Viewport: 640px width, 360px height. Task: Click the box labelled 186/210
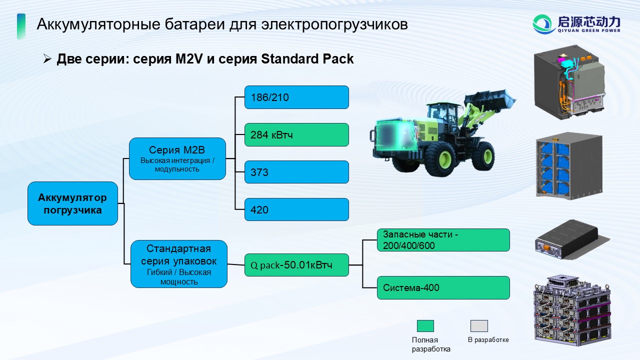pos(296,97)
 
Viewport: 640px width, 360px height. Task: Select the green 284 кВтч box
pos(296,135)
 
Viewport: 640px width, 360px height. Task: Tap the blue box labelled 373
pos(296,172)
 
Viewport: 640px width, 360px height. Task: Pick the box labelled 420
pos(296,209)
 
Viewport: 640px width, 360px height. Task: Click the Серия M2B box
pos(177,159)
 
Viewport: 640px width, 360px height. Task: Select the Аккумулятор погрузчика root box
pos(72,203)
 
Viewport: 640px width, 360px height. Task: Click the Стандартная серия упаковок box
pos(179,264)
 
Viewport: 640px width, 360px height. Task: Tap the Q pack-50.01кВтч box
pos(296,265)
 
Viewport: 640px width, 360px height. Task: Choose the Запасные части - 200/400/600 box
pos(443,240)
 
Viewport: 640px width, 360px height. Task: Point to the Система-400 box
pos(443,287)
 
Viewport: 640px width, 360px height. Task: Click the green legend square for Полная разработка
pos(425,326)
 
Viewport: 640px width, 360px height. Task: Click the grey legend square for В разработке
pos(479,326)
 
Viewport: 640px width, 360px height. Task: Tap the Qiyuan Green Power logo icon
pos(542,24)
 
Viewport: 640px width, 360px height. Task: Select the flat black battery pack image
pos(571,239)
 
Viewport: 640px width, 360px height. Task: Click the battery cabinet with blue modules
pos(569,165)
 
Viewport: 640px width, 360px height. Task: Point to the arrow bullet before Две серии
pos(47,58)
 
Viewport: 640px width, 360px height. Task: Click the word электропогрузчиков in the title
pos(334,24)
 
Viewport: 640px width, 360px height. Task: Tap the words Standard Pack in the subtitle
pos(307,59)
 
